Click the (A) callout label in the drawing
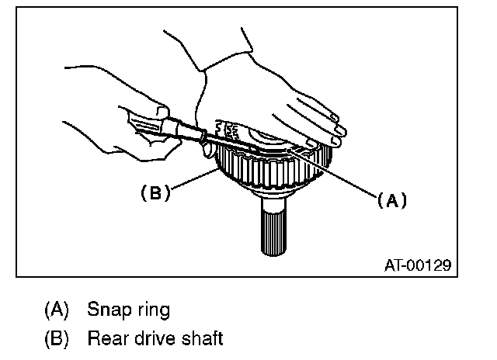click(392, 199)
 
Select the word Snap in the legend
click(107, 309)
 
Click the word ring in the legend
click(151, 310)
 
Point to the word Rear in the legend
click(106, 338)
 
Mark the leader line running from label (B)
click(194, 180)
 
